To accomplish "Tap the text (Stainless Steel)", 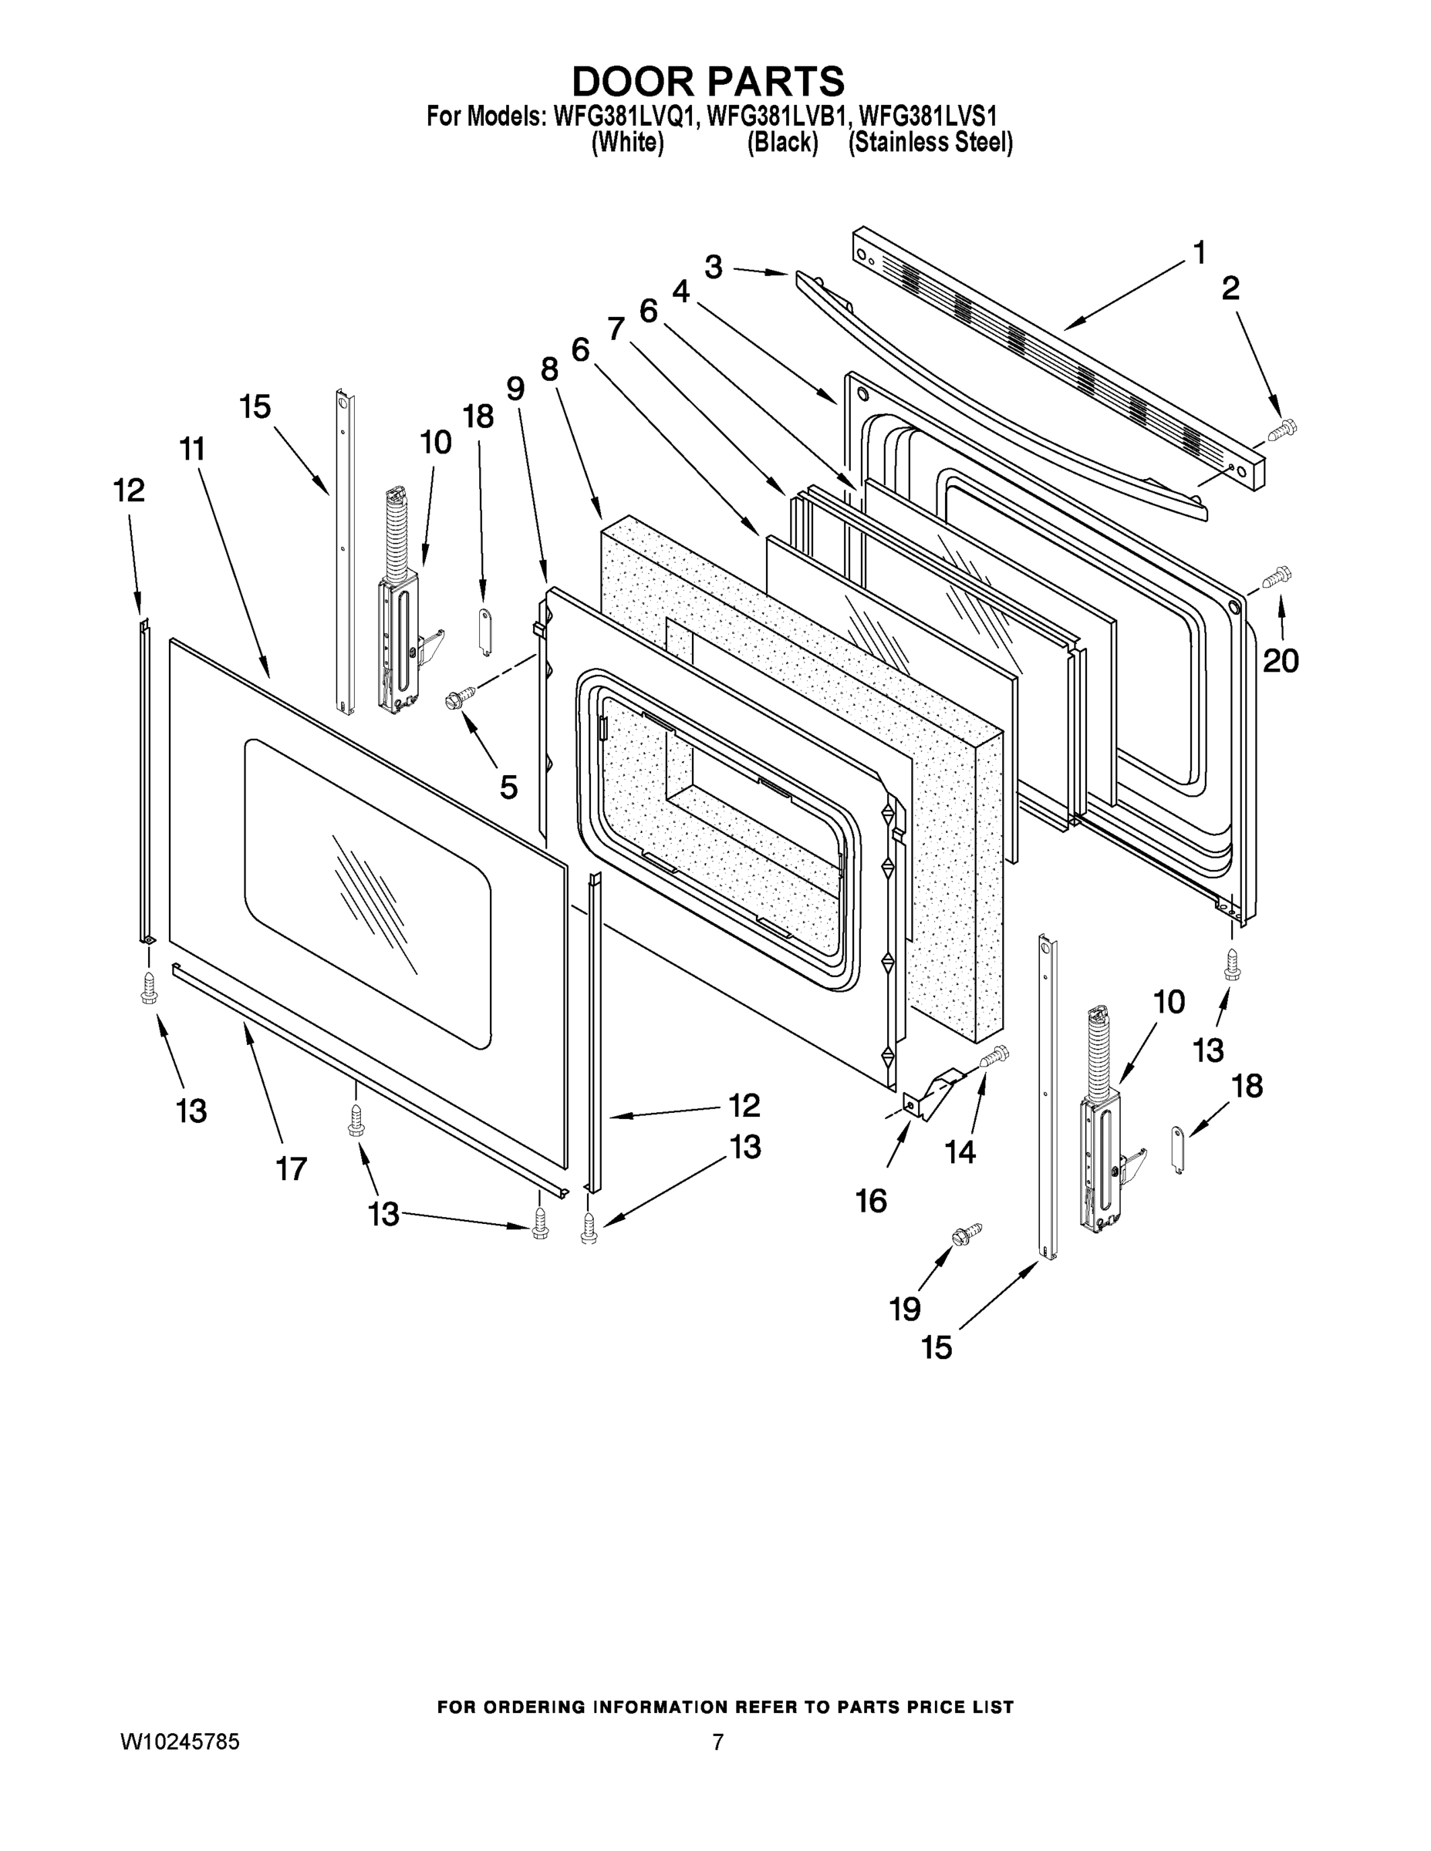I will pos(930,143).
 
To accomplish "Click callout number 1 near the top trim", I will pos(1199,252).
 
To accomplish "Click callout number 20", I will pos(1280,661).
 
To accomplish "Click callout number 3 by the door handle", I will pos(713,267).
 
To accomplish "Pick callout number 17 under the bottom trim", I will pos(291,1169).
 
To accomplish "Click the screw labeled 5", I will pos(461,696).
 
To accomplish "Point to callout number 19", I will pos(905,1310).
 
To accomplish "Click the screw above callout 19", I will pos(967,1235).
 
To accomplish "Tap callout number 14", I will pos(960,1151).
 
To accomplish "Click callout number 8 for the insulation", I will pos(549,369).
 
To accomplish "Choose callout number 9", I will pos(515,388).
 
